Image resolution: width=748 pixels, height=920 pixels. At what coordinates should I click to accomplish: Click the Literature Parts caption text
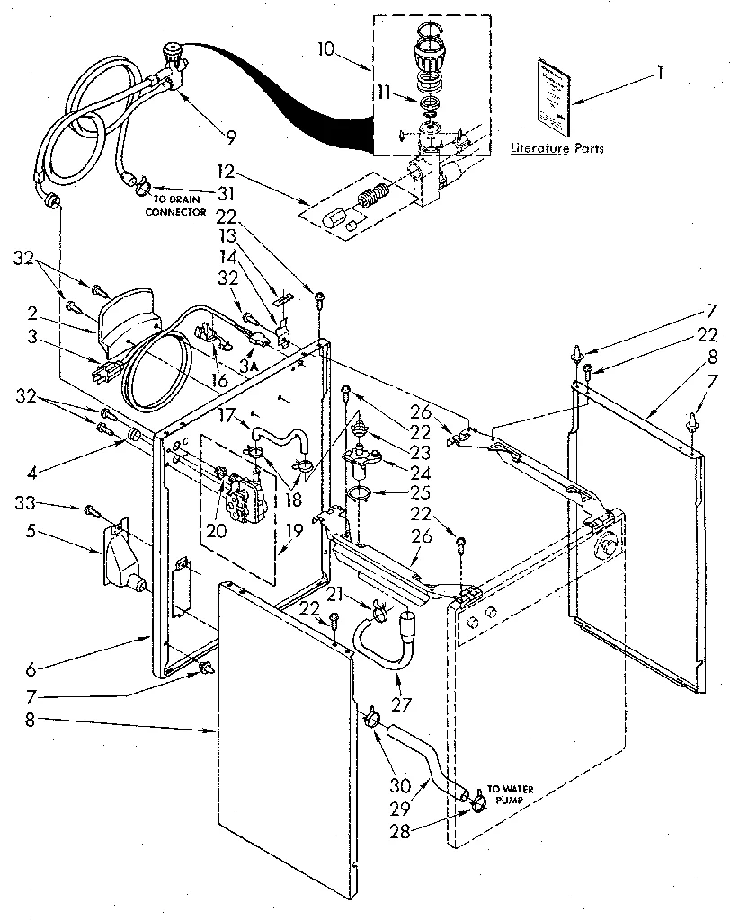[557, 148]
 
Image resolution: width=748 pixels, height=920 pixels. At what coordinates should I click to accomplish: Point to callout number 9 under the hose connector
[231, 137]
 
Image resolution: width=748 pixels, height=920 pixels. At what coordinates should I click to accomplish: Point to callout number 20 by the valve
[216, 529]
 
